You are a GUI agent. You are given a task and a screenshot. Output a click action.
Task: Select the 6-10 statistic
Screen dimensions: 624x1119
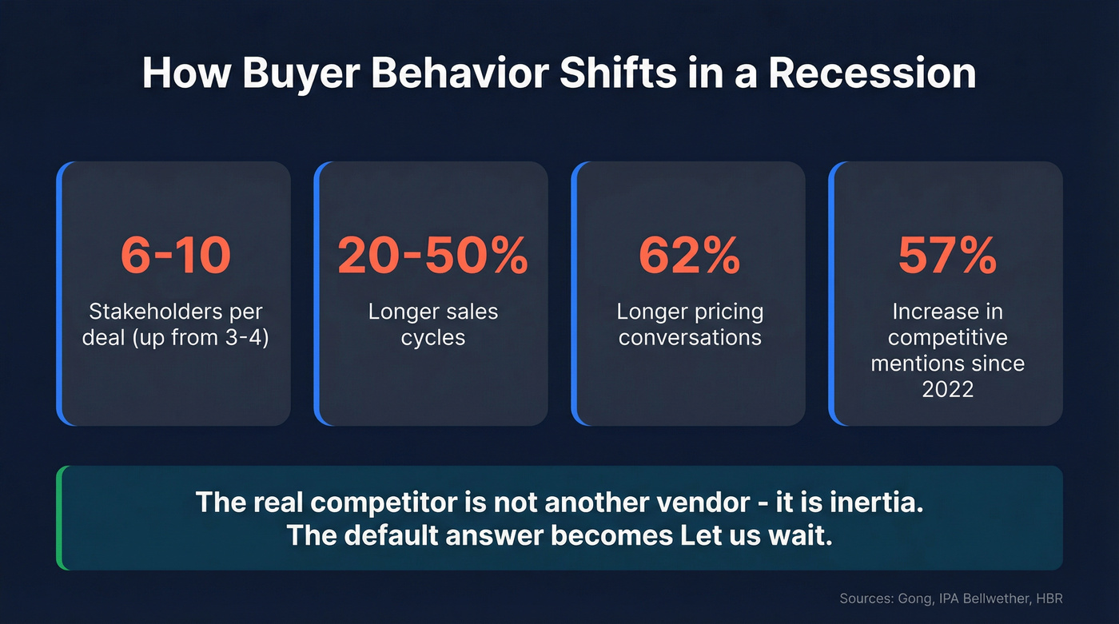(x=176, y=256)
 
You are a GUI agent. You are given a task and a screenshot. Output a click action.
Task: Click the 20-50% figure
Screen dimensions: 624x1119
(x=432, y=256)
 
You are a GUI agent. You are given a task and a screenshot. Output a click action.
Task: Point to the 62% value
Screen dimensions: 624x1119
(x=689, y=256)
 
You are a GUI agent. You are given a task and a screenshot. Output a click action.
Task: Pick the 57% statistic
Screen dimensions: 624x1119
(x=947, y=256)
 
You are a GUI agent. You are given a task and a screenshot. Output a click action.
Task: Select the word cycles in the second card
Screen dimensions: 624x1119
(x=432, y=337)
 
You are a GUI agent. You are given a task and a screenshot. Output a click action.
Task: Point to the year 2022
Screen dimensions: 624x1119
(x=947, y=389)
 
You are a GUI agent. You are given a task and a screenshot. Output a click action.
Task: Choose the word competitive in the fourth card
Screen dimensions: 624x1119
(x=947, y=337)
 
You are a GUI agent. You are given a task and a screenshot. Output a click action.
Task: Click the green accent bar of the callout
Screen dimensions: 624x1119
(x=60, y=518)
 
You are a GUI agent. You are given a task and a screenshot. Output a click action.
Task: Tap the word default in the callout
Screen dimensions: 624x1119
(x=390, y=535)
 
